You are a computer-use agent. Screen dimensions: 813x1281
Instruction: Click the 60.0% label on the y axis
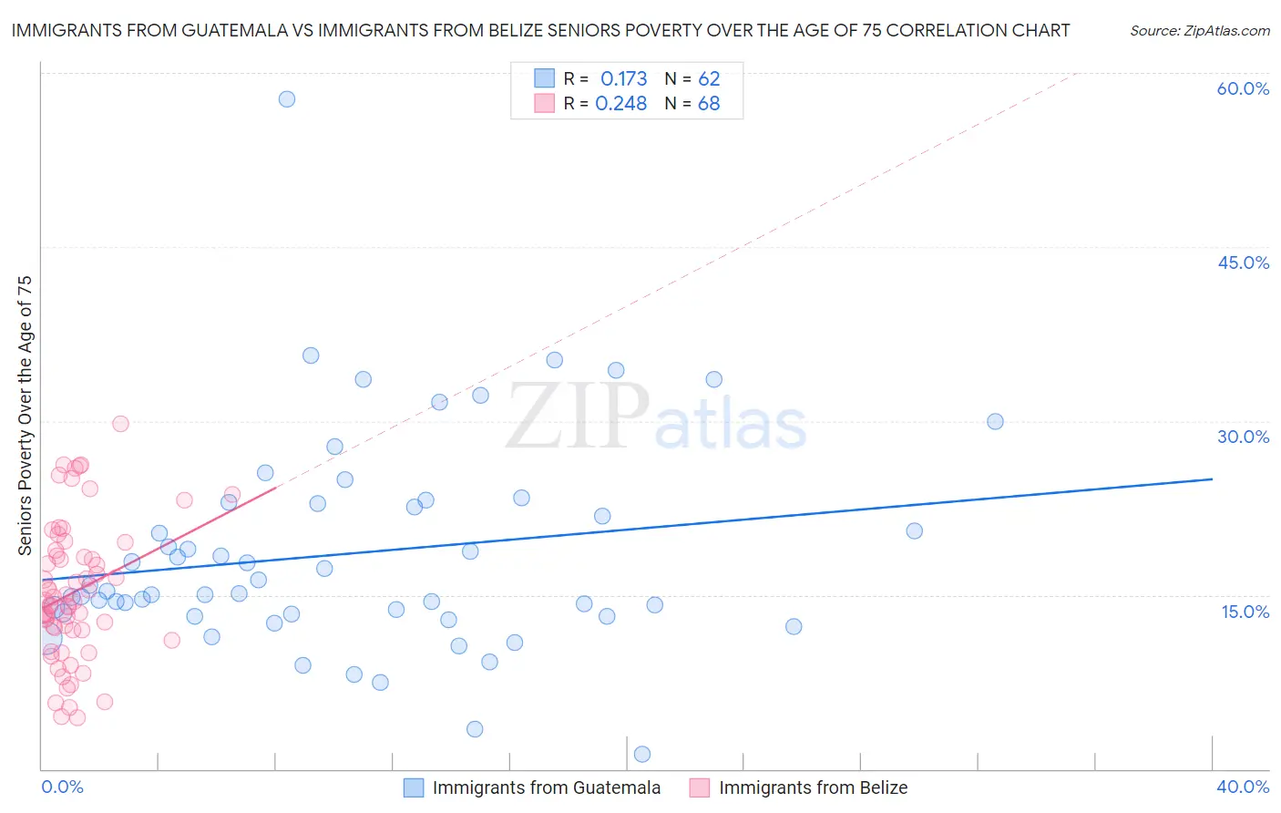[x=1243, y=88]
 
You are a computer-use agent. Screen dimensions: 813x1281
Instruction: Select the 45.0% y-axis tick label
[x=1243, y=262]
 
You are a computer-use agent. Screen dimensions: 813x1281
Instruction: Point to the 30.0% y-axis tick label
[x=1243, y=437]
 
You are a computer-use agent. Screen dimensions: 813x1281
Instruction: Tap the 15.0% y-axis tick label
[x=1245, y=612]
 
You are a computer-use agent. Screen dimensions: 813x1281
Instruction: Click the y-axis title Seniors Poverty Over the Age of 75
[x=25, y=416]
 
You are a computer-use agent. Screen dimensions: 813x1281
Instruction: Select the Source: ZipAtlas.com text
[x=1199, y=31]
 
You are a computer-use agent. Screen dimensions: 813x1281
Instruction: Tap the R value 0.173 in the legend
[x=623, y=79]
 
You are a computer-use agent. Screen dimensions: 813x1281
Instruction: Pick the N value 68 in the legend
[x=709, y=104]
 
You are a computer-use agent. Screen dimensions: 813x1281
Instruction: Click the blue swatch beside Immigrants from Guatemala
[x=414, y=787]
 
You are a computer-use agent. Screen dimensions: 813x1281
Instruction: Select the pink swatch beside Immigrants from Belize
[x=700, y=787]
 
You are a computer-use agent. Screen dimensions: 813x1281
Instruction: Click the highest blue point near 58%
[x=287, y=99]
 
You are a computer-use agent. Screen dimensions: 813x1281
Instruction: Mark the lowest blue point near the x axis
[x=642, y=754]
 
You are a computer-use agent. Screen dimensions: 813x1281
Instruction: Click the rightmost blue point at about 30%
[x=995, y=421]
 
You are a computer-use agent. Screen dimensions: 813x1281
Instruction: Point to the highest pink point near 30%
[x=120, y=424]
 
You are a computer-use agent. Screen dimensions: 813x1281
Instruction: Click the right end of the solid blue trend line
[x=1212, y=479]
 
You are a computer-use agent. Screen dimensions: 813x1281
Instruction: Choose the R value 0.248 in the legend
[x=620, y=104]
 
